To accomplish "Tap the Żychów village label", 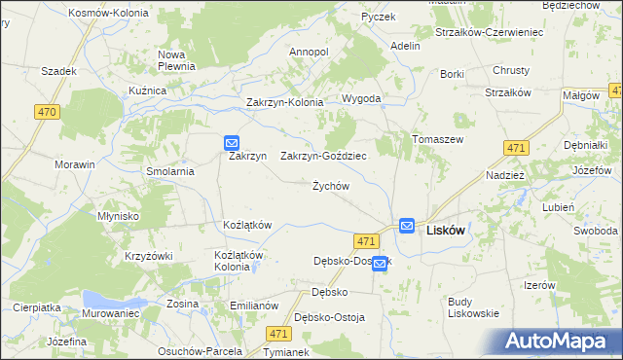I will [330, 186].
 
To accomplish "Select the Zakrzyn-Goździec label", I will [323, 156].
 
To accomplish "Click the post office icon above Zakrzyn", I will [232, 141].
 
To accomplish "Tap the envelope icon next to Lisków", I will [406, 225].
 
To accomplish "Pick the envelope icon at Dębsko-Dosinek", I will [380, 263].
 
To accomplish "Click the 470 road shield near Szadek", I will [47, 113].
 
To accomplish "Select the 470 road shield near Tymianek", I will [277, 334].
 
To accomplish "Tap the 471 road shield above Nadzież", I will [516, 148].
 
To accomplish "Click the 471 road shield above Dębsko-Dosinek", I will [366, 240].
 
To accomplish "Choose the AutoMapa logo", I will [560, 341].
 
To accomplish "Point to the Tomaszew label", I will [437, 139].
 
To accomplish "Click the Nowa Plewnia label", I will [177, 60].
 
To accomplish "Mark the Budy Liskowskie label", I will [473, 307].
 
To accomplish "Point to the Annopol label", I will [310, 52].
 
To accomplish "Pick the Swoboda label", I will [595, 231].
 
